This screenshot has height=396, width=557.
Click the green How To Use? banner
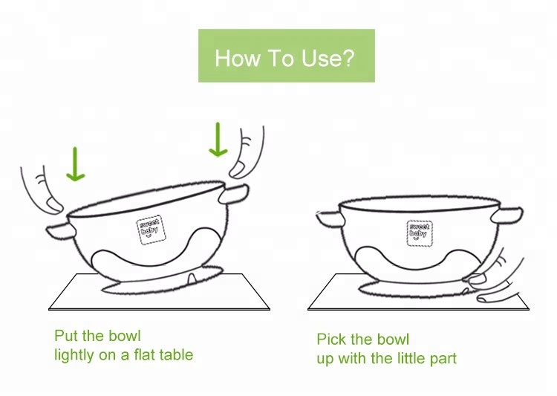[x=287, y=56]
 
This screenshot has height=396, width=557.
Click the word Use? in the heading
[x=328, y=58]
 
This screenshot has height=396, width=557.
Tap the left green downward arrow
[x=75, y=164]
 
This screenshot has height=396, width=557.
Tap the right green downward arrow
[x=218, y=140]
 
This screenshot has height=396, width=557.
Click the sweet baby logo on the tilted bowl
[x=151, y=230]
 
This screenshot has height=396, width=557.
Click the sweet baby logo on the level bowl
[x=420, y=233]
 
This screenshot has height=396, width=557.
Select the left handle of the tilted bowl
[x=61, y=232]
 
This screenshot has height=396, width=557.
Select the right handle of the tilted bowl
[x=233, y=194]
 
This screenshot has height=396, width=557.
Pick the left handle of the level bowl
[x=330, y=218]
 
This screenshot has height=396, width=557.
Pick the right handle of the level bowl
[x=507, y=215]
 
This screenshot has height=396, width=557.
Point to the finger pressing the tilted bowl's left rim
[x=42, y=192]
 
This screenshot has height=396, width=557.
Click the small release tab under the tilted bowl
[x=191, y=279]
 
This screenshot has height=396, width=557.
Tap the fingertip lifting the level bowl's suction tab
[x=477, y=279]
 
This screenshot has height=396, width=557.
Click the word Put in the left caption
[x=66, y=336]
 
